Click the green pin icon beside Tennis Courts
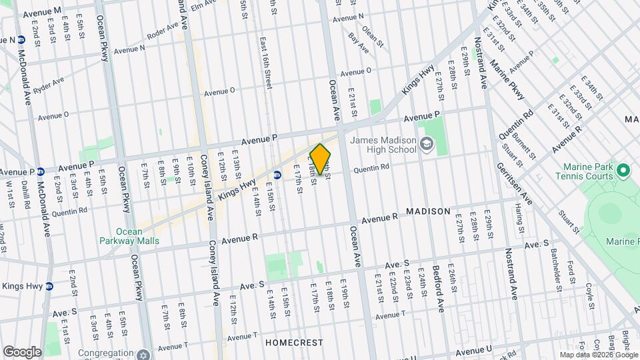624,171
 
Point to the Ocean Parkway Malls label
129,236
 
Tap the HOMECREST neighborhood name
294,343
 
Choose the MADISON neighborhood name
428,211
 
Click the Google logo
22,351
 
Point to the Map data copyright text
598,354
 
